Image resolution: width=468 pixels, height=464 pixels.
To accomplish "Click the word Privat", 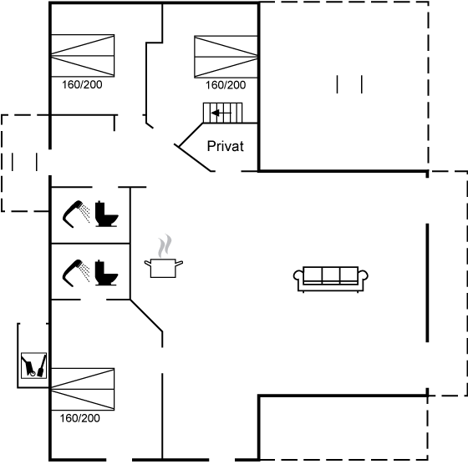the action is coord(226,146).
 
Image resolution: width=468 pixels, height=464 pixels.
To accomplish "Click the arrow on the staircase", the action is coord(221,113).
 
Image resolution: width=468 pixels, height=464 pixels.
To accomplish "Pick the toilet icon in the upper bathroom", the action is coord(106,214).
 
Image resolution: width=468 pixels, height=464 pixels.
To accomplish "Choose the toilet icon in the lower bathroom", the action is coord(106,273).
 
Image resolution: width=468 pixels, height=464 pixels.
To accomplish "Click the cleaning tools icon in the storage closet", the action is coord(33,366).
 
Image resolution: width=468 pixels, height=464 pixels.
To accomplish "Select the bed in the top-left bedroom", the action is coord(83,55).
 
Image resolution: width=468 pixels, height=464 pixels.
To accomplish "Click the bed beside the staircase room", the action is coord(226,57).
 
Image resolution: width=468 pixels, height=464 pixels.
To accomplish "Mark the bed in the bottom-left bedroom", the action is coord(83,389).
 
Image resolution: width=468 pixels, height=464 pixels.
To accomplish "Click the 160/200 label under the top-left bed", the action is coord(82,84).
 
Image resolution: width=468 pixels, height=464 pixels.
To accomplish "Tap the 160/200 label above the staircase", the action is coord(226,85).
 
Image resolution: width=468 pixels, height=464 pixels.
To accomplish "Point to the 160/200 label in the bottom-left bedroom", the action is coord(80,418).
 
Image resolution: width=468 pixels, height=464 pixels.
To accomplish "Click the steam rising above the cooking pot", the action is coord(165,246).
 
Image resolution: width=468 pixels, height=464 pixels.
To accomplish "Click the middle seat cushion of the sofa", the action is coord(331,275).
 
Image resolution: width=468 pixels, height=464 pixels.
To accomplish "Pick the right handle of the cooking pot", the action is coord(179,264).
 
